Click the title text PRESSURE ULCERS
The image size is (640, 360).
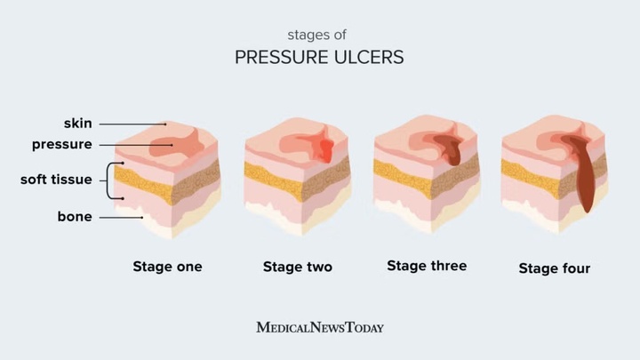[x=319, y=58]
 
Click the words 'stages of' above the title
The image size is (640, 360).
[x=319, y=36]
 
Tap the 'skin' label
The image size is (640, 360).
[x=77, y=124]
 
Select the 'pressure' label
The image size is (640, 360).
[x=61, y=144]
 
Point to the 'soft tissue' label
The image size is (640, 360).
[x=56, y=180]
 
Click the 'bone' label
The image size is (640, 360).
[x=75, y=216]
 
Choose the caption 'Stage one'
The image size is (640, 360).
[x=167, y=267]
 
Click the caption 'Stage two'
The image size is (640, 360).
[x=298, y=267]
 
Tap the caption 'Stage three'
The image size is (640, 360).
[x=427, y=266]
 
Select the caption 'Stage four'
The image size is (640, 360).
[x=555, y=268]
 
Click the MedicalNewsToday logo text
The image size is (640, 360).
[x=320, y=327]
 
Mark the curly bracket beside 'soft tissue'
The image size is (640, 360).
[x=112, y=180]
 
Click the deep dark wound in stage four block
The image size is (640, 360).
[x=584, y=178]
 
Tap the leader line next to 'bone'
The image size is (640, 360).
[x=120, y=216]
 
